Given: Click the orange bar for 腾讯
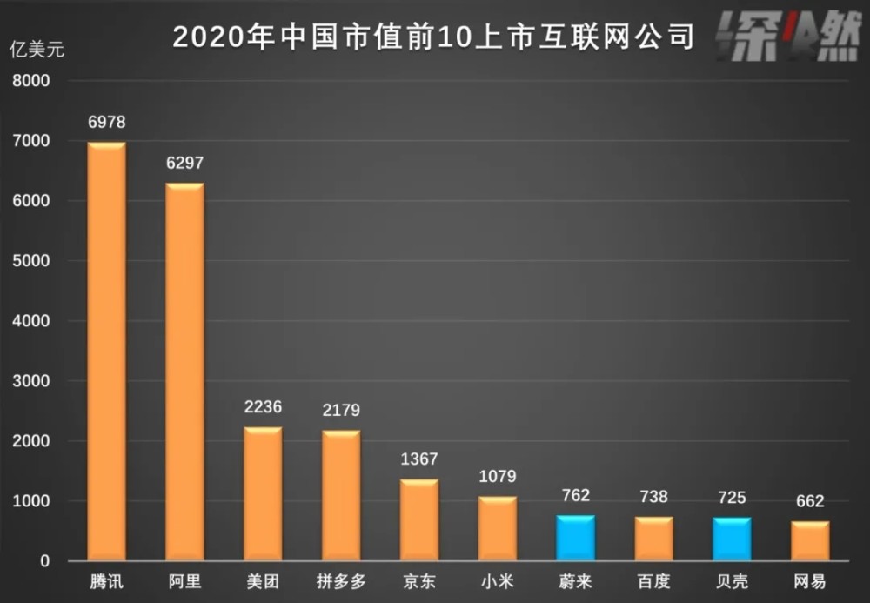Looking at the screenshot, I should (x=106, y=352).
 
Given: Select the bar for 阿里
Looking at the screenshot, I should (x=184, y=372).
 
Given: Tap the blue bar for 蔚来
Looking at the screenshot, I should (x=575, y=539).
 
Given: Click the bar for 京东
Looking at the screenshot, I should (x=419, y=520).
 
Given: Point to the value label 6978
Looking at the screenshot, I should (x=106, y=123).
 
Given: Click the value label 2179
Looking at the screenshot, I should (x=340, y=410).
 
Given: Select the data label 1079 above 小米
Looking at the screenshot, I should (x=498, y=476).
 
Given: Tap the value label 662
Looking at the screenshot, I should (x=809, y=501).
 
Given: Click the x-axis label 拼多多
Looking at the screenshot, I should (x=340, y=581).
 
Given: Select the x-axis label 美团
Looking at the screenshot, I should (x=263, y=581).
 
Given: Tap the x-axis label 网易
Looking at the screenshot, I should (x=809, y=581).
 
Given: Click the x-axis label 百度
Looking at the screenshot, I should (x=653, y=581).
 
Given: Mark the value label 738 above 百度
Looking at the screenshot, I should (x=653, y=497).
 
